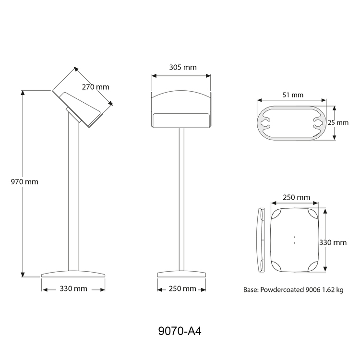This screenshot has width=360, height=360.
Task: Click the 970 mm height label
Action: [x=24, y=182]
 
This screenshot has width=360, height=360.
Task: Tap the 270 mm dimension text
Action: [x=96, y=87]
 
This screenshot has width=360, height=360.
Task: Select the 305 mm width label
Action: [x=183, y=67]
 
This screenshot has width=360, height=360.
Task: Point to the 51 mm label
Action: [x=293, y=95]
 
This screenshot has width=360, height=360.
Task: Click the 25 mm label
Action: [x=338, y=122]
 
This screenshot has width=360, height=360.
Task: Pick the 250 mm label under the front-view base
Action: [x=182, y=288]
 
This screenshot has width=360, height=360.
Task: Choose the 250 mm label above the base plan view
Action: [x=297, y=197]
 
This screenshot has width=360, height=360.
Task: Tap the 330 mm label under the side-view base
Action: [x=73, y=288]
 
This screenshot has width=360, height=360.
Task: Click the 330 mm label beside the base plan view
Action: [x=333, y=242]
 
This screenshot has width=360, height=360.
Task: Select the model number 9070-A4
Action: [x=180, y=331]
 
